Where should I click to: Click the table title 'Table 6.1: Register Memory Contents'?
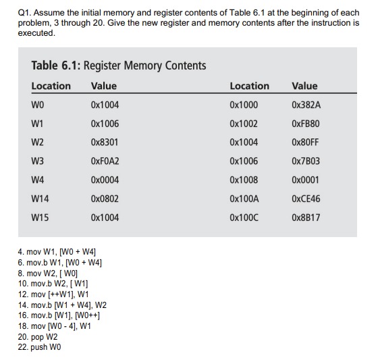(x=118, y=66)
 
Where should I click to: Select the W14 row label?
(x=40, y=199)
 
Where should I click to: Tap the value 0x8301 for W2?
(x=105, y=143)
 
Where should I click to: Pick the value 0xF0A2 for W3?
(x=105, y=161)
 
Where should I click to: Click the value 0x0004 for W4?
(x=105, y=180)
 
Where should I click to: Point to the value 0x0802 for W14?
(x=105, y=199)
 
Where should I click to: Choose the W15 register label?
(x=40, y=218)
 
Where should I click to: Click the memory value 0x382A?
(x=306, y=105)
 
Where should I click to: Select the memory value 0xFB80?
(x=306, y=124)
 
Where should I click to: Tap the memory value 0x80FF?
(x=306, y=143)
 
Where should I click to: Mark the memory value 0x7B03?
(x=306, y=161)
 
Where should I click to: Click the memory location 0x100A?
(x=244, y=199)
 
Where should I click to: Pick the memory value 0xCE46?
(x=306, y=199)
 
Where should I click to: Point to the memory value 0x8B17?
(x=306, y=218)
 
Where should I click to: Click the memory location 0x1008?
(x=244, y=180)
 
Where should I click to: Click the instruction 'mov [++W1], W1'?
(x=53, y=294)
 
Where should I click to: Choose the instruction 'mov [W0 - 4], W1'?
(x=55, y=326)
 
